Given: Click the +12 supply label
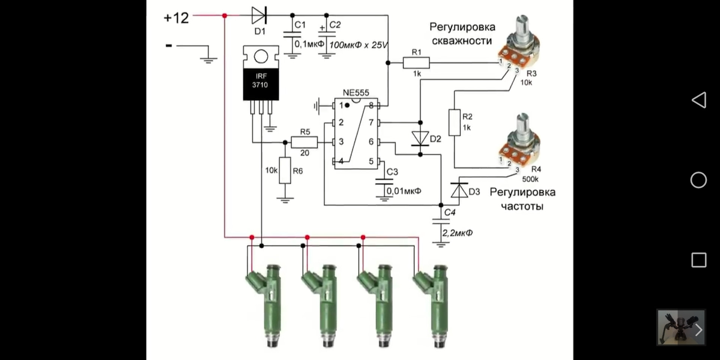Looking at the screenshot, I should coord(176,18).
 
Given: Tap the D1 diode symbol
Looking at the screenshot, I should coord(259,15).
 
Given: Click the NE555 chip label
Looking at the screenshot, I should coord(356,92).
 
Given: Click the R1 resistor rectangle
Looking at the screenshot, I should coord(416,63).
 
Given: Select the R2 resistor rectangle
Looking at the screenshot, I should coord(454,122).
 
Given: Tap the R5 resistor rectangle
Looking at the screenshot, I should coord(304,142).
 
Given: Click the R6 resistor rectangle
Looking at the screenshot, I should coord(285,171).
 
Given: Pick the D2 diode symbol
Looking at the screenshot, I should coord(420,138).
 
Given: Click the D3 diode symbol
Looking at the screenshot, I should coord(459,190).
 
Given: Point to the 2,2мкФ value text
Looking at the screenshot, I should coord(457,233).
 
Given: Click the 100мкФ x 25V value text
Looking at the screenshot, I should coord(358,45).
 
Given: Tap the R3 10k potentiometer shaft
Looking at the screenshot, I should coord(522,26).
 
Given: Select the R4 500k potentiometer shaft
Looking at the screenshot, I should coord(522,123).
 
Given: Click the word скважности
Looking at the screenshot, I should coord(462,40).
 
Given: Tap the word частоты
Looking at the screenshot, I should coord(522,206).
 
